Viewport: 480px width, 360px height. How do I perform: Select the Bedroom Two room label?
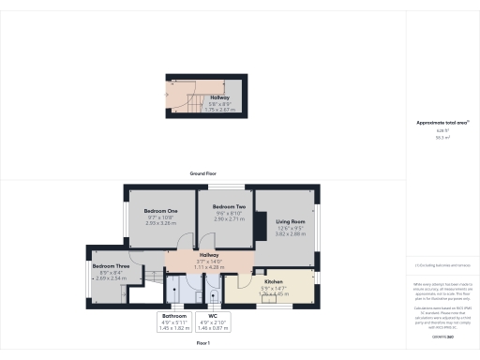pyautogui.click(x=229, y=206)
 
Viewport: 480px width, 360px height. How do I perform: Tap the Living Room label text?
pyautogui.click(x=291, y=221)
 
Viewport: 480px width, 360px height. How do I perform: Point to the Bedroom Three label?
pyautogui.click(x=110, y=266)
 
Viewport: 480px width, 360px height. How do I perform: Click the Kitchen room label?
pyautogui.click(x=274, y=281)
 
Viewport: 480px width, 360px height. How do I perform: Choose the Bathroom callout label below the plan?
pyautogui.click(x=174, y=316)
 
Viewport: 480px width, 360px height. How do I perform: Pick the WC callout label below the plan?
pyautogui.click(x=213, y=316)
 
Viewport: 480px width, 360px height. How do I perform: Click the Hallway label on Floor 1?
pyautogui.click(x=209, y=255)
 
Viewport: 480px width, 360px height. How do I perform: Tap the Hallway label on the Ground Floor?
pyautogui.click(x=219, y=97)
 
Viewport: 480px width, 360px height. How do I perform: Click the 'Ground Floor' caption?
pyautogui.click(x=203, y=174)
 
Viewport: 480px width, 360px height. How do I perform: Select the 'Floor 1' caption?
pyautogui.click(x=203, y=345)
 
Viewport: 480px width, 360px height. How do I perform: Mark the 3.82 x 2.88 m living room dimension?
pyautogui.click(x=291, y=232)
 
